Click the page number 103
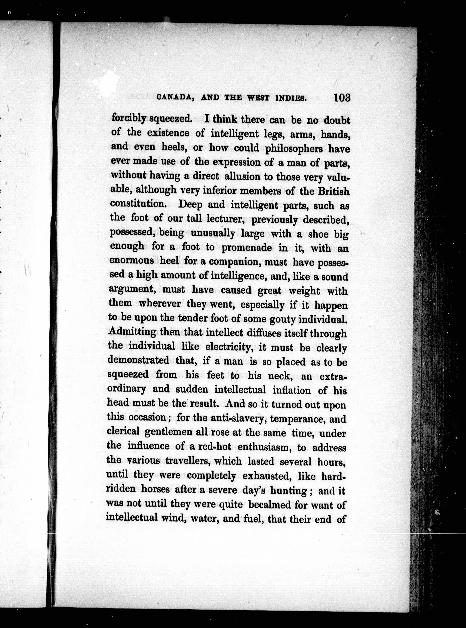342,98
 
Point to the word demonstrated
138,360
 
